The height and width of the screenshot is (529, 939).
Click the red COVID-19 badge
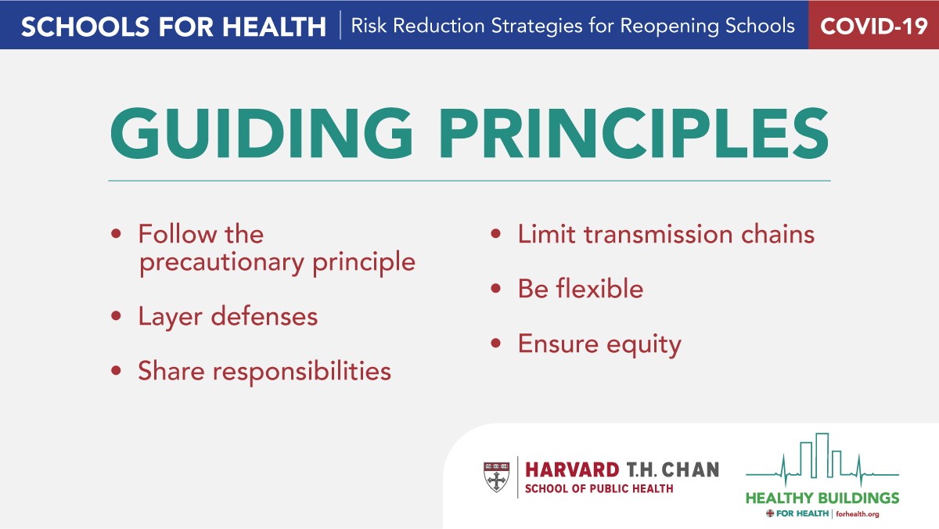873,26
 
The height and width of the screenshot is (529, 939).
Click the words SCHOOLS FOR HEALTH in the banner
174,26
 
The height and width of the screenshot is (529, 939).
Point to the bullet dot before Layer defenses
117,317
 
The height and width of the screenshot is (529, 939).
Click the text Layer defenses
228,317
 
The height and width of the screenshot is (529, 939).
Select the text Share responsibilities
264,371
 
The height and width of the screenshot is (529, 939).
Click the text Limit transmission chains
666,234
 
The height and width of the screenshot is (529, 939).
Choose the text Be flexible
580,289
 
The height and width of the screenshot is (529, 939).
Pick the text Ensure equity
599,344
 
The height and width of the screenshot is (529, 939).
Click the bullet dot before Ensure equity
495,344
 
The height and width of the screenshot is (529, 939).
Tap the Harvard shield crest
495,477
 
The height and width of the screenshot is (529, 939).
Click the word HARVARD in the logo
570,470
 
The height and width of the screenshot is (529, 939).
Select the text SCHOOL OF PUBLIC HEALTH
598,489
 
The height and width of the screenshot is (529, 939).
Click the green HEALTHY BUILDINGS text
822,498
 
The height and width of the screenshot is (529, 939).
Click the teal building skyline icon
822,458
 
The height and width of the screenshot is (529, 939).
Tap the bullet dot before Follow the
117,234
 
